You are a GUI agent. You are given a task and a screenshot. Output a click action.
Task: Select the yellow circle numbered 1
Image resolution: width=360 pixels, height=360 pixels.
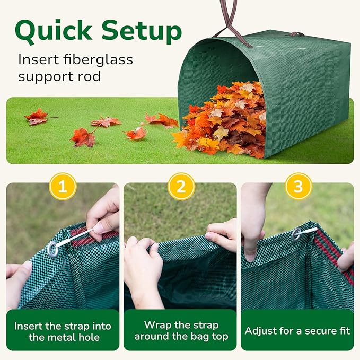63,186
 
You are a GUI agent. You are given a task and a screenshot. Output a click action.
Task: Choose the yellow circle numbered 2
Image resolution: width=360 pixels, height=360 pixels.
181,186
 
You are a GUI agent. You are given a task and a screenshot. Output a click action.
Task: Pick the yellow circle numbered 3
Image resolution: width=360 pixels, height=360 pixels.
298,186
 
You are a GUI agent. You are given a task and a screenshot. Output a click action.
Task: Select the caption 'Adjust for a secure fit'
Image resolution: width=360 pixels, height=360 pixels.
297,331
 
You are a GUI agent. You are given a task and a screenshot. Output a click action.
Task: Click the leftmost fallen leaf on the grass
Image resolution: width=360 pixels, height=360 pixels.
38,117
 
